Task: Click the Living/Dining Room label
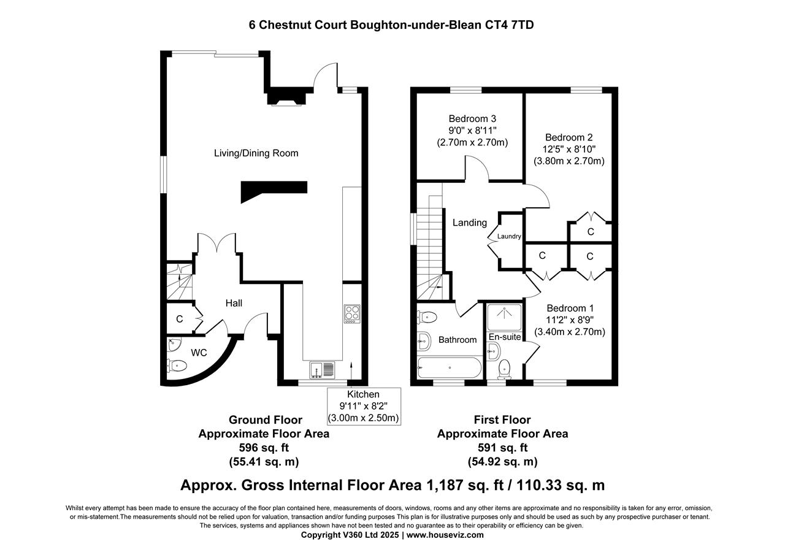pyautogui.click(x=256, y=153)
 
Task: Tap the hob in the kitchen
pyautogui.click(x=352, y=314)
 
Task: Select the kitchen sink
pyautogui.click(x=323, y=370)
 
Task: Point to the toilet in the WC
pyautogui.click(x=177, y=366)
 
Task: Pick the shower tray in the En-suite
pyautogui.click(x=504, y=318)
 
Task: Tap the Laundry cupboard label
pyautogui.click(x=509, y=237)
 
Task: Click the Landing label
pyautogui.click(x=470, y=223)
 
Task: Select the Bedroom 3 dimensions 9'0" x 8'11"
pyautogui.click(x=472, y=131)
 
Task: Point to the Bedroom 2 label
pyautogui.click(x=569, y=137)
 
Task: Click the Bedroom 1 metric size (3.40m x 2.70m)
pyautogui.click(x=570, y=332)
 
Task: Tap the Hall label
pyautogui.click(x=234, y=303)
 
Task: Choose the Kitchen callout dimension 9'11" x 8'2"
pyautogui.click(x=364, y=406)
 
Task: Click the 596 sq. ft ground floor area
pyautogui.click(x=264, y=448)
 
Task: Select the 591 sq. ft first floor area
pyautogui.click(x=502, y=448)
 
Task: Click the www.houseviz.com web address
pyautogui.click(x=445, y=535)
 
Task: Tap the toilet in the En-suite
pyautogui.click(x=505, y=369)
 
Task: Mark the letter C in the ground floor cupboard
pyautogui.click(x=180, y=319)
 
